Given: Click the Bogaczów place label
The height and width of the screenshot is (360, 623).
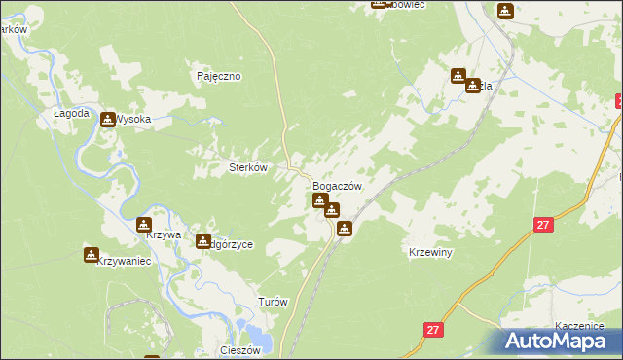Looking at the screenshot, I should [338, 186].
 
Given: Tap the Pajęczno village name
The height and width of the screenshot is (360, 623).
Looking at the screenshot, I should [218, 76].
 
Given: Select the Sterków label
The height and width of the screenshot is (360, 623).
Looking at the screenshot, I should [247, 167].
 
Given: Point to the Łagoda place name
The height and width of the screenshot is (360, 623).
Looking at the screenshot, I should [71, 113].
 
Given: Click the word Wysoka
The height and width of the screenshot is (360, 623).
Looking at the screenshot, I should [133, 120].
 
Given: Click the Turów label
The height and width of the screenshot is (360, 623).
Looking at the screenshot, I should [273, 302].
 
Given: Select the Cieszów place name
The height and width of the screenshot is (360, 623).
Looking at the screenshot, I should [241, 350].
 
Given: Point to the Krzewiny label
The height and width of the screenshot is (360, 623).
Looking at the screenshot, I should [429, 252].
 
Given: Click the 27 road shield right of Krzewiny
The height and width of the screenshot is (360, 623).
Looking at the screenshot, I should [543, 225].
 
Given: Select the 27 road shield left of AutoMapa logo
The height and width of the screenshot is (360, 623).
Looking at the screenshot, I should [433, 331].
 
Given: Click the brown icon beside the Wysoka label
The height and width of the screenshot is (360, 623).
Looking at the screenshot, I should [108, 118].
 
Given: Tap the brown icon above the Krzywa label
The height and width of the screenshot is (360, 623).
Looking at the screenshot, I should [145, 224].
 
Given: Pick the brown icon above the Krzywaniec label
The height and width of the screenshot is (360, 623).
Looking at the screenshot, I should [92, 255].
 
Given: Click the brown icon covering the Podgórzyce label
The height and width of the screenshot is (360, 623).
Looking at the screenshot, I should [203, 240].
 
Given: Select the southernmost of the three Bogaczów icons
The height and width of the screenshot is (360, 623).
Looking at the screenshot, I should [344, 229].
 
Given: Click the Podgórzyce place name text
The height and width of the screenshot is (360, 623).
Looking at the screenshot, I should [232, 245].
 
